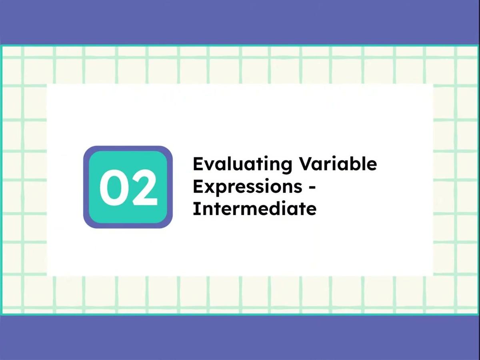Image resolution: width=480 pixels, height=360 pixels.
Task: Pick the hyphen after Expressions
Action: [x=312, y=187]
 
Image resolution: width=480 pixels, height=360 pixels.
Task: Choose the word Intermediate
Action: [x=254, y=208]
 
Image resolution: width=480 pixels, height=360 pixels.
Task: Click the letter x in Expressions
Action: [x=210, y=187]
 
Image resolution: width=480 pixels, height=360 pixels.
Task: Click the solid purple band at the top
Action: [x=240, y=22]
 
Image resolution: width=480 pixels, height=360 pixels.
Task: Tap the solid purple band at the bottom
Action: [x=240, y=338]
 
